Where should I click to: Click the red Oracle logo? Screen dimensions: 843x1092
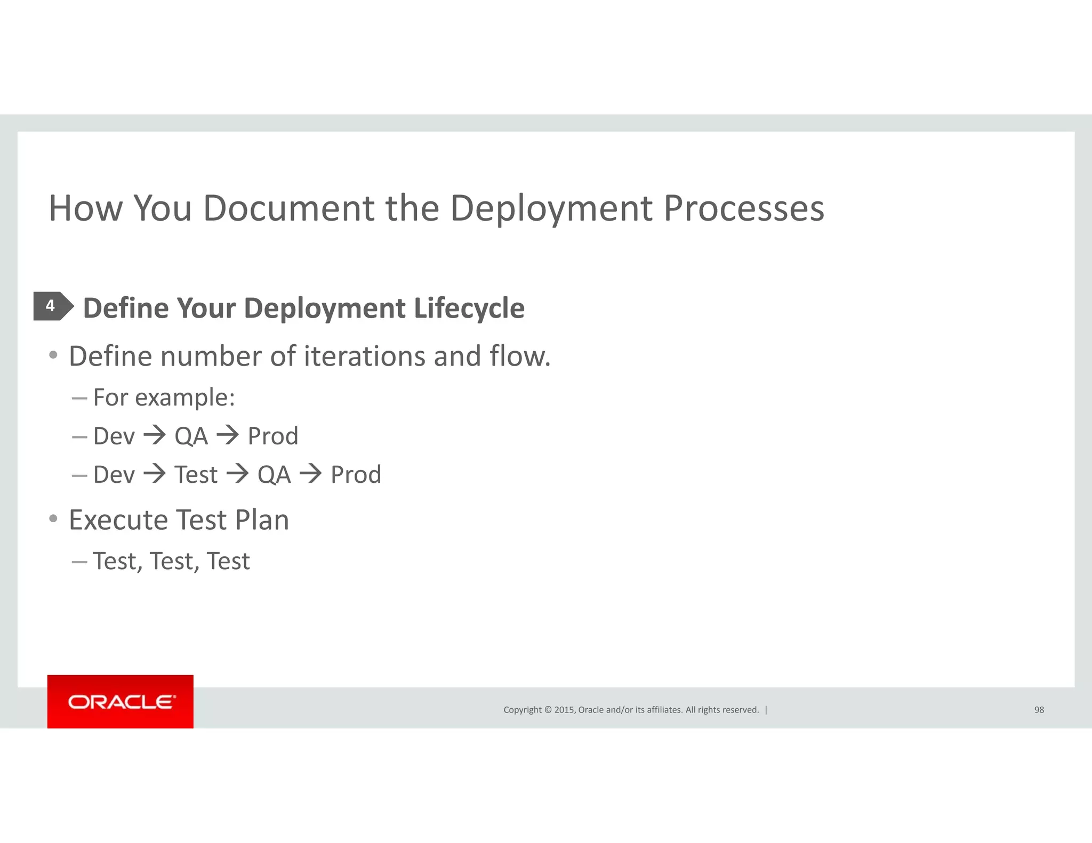(121, 701)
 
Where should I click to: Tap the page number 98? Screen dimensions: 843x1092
(1039, 710)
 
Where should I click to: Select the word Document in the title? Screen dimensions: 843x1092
(288, 208)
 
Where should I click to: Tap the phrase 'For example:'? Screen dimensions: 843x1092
(164, 398)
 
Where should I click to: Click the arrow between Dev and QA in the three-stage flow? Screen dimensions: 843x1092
(155, 435)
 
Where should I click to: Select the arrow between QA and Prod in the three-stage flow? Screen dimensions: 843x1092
(228, 435)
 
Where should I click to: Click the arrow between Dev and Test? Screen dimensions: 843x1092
(155, 474)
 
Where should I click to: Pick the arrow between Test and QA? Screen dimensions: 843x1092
(237, 474)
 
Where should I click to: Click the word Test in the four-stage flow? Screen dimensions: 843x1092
(196, 474)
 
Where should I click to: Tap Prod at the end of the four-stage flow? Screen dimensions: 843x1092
(356, 474)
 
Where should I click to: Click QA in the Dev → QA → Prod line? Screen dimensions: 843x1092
(191, 436)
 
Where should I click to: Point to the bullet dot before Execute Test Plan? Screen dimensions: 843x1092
(53, 518)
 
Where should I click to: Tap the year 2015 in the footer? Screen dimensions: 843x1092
(564, 710)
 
